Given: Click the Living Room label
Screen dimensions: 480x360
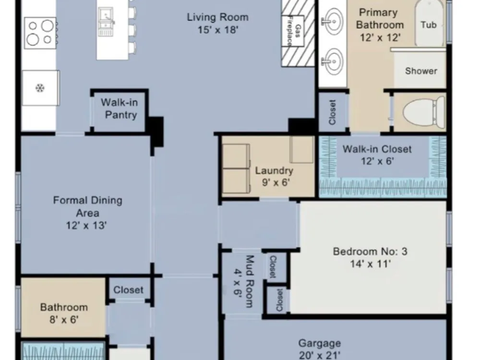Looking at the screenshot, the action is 217,17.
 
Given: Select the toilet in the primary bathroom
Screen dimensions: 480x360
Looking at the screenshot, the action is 424,112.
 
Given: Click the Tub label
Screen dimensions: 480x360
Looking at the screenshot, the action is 428,24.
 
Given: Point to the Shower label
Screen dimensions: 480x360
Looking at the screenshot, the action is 421,71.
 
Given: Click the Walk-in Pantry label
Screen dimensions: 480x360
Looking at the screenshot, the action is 120,108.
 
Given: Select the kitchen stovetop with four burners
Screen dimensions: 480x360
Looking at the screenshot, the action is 40,33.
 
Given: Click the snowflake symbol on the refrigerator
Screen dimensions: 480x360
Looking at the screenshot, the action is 40,88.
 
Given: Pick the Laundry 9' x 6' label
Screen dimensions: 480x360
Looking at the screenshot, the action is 274,176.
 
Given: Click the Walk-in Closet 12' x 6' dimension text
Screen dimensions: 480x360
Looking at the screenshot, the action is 377,161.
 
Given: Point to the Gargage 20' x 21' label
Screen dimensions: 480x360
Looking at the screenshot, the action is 320,349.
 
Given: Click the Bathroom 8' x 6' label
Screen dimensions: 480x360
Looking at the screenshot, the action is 64,313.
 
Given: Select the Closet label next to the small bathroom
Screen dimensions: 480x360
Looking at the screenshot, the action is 128,290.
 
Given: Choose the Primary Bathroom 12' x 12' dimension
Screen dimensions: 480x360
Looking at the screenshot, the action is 380,37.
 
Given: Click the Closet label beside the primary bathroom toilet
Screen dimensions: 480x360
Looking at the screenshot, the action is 333,112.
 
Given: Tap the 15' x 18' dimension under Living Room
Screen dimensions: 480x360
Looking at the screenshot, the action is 217,30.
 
